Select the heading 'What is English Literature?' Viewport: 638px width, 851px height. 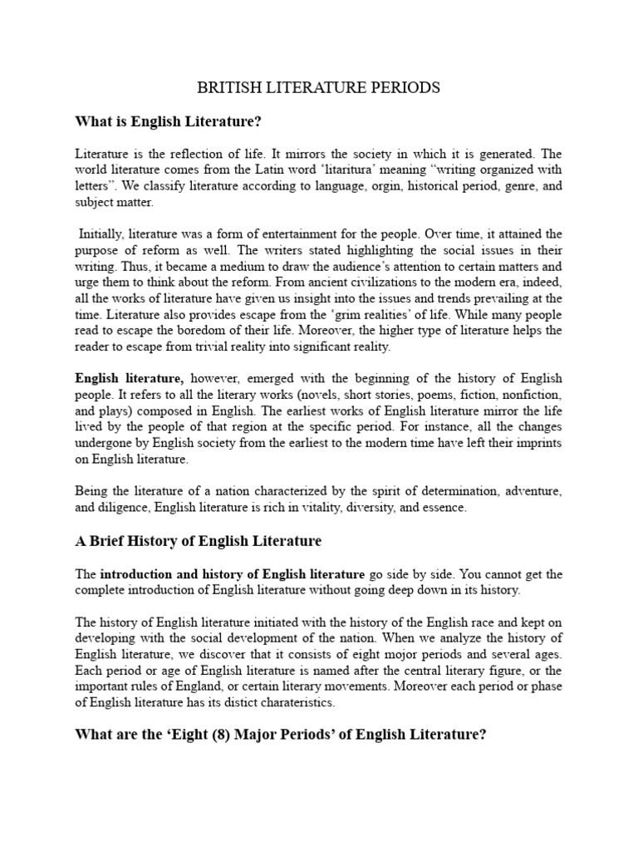(169, 122)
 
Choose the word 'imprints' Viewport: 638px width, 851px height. (537, 443)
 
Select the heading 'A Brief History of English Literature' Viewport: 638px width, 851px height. (199, 541)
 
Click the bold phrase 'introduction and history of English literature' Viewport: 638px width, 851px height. (233, 574)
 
